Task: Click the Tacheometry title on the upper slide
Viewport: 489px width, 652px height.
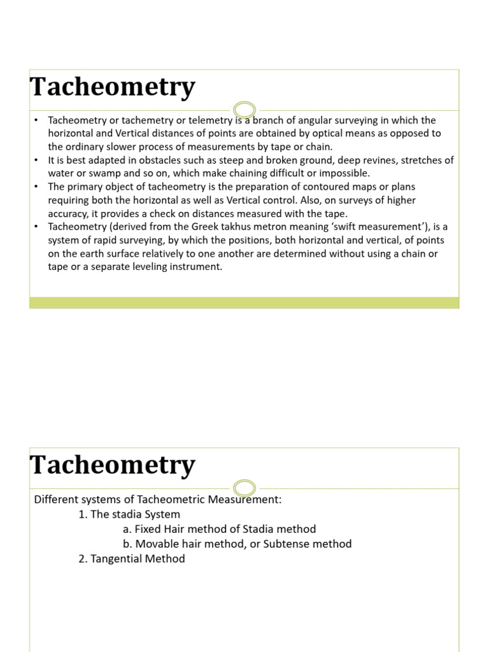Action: click(112, 87)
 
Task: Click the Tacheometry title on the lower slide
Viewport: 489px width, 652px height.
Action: click(112, 465)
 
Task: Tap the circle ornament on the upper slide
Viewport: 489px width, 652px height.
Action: click(244, 110)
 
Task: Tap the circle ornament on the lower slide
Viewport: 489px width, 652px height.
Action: click(244, 488)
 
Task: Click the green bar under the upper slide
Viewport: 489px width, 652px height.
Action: click(244, 302)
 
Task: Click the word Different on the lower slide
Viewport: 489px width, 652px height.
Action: click(56, 499)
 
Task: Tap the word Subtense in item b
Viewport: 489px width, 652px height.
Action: click(277, 544)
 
